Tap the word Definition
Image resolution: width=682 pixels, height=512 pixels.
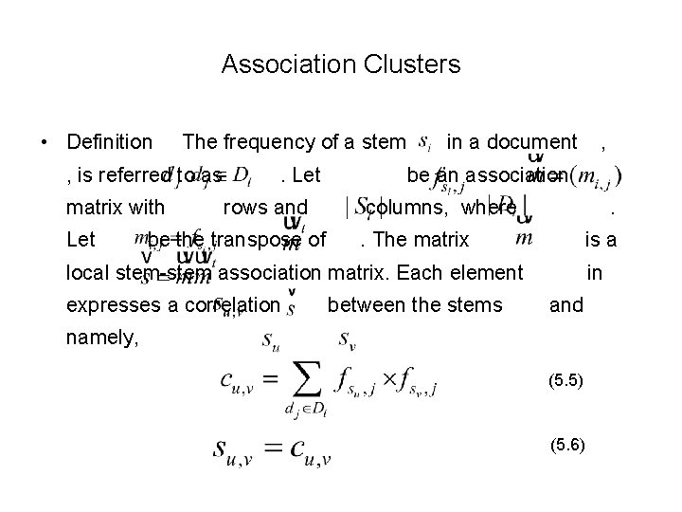pyautogui.click(x=110, y=142)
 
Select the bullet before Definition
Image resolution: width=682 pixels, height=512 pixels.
pyautogui.click(x=45, y=143)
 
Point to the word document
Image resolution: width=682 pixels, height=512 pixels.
pyautogui.click(x=533, y=142)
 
